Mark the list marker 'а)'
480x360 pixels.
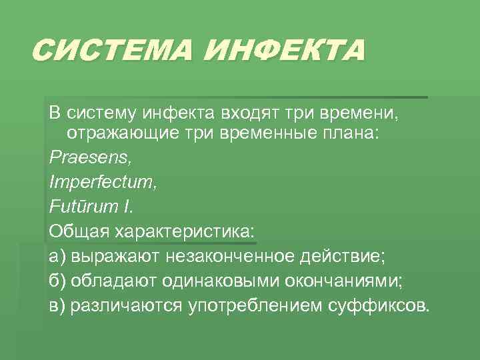[57, 255]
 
